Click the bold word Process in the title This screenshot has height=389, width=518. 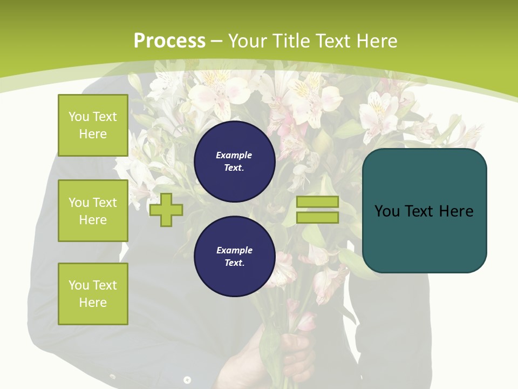coord(169,41)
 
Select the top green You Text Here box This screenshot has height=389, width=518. coord(93,125)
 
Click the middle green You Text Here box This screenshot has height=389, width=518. coord(93,211)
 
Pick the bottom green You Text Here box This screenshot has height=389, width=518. coord(93,294)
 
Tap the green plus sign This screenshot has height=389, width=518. coord(166,210)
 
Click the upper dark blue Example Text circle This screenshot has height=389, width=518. coord(234,162)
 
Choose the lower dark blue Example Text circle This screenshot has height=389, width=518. coord(234,257)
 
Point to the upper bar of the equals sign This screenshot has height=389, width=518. coord(318,202)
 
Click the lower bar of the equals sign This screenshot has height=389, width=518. coord(318,218)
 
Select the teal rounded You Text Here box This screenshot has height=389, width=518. coord(424,211)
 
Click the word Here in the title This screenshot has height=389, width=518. coord(376,41)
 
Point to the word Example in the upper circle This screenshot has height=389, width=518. coord(234,155)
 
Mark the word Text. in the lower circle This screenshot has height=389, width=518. coord(234,263)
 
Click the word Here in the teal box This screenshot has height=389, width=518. coord(455,211)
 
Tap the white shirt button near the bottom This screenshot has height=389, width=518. coord(187,380)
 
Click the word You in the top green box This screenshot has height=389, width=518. coord(79,117)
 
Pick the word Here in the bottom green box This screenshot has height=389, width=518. coord(93,303)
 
